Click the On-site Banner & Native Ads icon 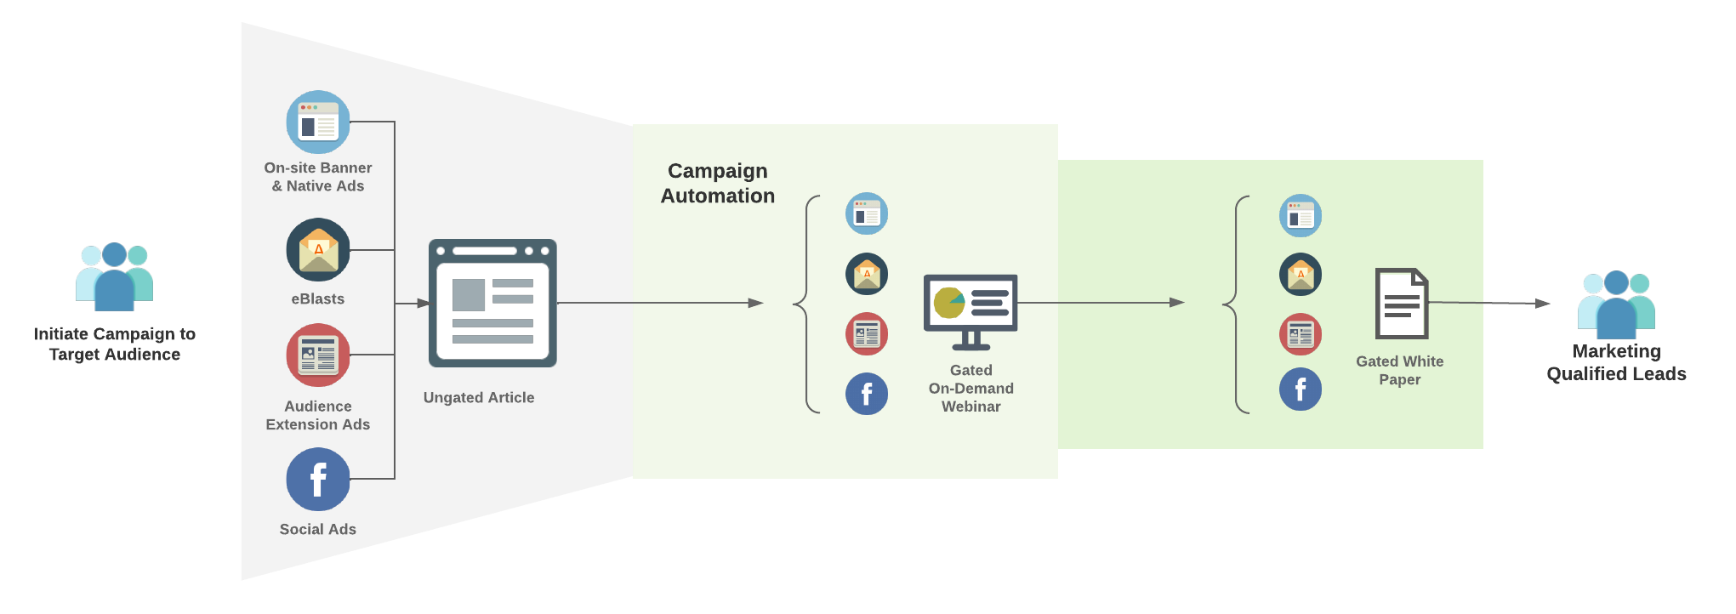tap(318, 122)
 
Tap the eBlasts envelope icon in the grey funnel tap(318, 250)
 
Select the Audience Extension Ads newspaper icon tap(318, 355)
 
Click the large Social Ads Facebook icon tap(318, 479)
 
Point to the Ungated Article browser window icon tap(492, 304)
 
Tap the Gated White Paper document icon tap(1402, 304)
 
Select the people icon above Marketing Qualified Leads tap(1616, 304)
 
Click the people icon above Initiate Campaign tap(115, 276)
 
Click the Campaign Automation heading tap(718, 184)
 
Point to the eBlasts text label tap(318, 299)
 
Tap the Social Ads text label tap(318, 529)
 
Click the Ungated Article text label tap(479, 397)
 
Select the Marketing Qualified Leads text tap(1616, 363)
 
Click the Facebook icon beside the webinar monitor tap(867, 394)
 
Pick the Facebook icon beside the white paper tap(1301, 389)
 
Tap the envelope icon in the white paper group tap(1301, 275)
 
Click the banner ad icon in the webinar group tap(867, 214)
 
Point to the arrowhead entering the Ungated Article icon tap(423, 303)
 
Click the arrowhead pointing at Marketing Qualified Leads tap(1542, 303)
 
